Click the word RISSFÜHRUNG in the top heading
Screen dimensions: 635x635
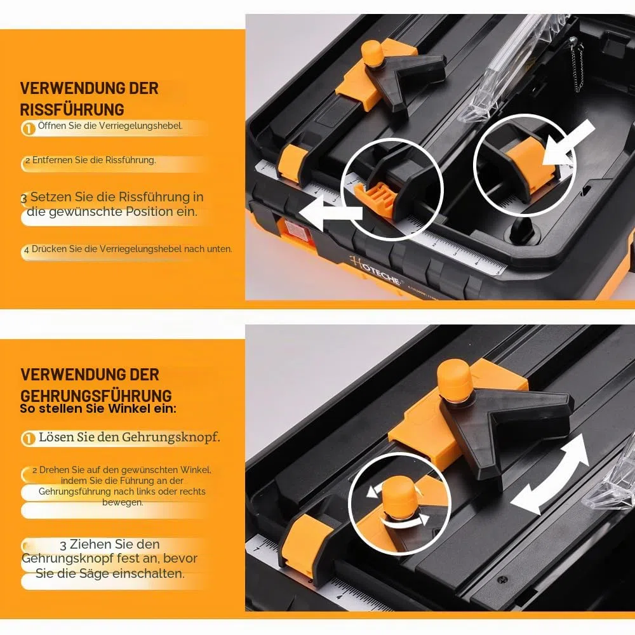pyautogui.click(x=72, y=110)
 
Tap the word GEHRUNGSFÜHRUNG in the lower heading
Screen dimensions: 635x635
pyautogui.click(x=96, y=395)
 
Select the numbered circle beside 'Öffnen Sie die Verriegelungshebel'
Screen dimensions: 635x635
pyautogui.click(x=29, y=129)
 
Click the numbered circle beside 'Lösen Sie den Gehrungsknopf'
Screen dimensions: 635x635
pyautogui.click(x=29, y=439)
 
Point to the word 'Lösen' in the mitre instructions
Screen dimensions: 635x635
pyautogui.click(x=55, y=437)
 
